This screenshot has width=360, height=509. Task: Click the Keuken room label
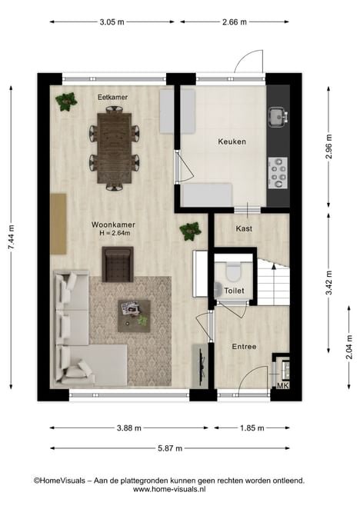[232, 141]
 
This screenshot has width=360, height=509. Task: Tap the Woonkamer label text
[113, 225]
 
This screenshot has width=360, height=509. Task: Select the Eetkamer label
[113, 97]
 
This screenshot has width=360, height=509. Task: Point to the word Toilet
[234, 291]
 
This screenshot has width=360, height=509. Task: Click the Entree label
[244, 347]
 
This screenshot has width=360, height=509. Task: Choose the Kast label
[244, 228]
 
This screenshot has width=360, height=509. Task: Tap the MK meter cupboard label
[282, 386]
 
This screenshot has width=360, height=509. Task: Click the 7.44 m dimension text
[11, 238]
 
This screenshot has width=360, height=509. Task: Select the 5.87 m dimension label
[170, 448]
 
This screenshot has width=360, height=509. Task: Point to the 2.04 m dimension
[349, 347]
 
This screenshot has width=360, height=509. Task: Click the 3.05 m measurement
[112, 22]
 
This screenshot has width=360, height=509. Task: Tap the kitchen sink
[278, 117]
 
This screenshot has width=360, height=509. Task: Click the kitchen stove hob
[278, 173]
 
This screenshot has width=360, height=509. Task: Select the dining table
[115, 148]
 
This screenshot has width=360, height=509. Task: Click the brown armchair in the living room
[118, 264]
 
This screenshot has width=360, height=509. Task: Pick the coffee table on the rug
[134, 316]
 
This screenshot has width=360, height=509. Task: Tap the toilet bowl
[232, 272]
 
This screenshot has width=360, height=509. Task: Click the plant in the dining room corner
[66, 101]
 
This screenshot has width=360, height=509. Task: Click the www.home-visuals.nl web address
[169, 489]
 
